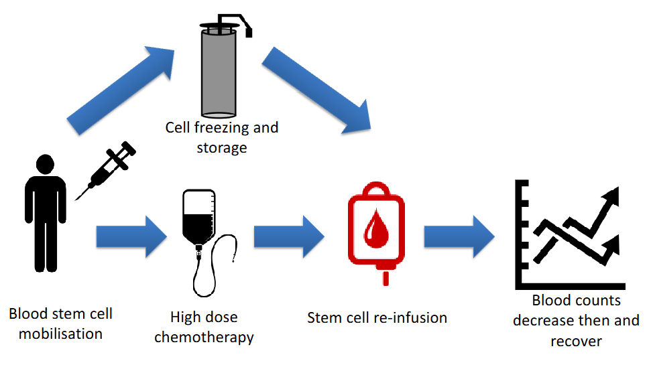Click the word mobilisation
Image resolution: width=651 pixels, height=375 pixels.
pos(60,333)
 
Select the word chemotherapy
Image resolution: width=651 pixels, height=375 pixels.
pos(204,336)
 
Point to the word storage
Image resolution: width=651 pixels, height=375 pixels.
pos(221,147)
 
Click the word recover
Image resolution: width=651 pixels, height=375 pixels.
pos(576,341)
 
